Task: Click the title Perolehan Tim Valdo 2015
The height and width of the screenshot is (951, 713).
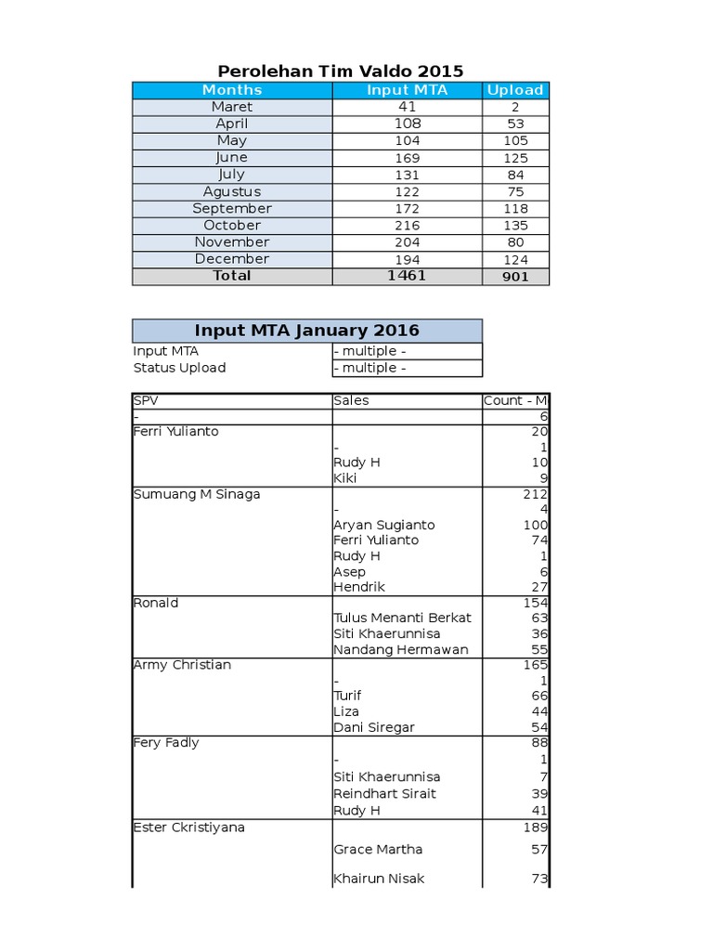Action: [340, 72]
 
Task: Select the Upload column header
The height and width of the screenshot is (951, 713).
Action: [515, 90]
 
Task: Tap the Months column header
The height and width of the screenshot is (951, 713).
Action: [232, 90]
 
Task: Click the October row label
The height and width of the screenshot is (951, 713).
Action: [232, 226]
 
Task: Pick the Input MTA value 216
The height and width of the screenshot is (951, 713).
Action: [407, 226]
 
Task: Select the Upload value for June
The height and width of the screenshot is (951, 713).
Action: [515, 158]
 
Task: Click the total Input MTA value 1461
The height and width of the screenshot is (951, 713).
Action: [407, 276]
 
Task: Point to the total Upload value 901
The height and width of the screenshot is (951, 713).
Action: [515, 277]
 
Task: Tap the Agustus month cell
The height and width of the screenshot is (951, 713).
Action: [232, 191]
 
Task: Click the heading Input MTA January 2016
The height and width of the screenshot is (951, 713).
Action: [307, 331]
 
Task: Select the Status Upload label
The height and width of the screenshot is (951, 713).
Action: [179, 368]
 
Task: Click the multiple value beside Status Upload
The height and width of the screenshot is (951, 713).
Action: [370, 368]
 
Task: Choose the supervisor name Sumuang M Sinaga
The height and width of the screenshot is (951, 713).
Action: [197, 494]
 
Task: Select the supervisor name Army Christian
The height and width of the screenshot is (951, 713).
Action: [182, 665]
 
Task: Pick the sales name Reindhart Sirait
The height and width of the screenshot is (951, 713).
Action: [384, 793]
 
